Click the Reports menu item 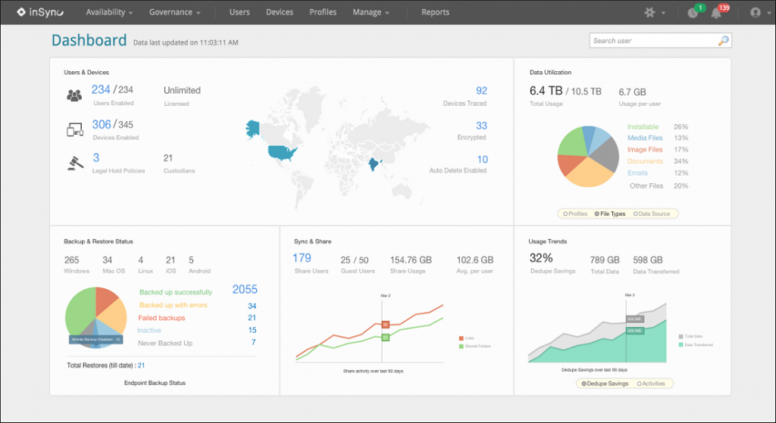coord(435,12)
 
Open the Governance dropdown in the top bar coord(175,12)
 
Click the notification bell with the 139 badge coord(715,13)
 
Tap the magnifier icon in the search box coord(724,41)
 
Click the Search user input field coord(652,41)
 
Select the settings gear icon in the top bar coord(649,13)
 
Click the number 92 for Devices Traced coord(481,91)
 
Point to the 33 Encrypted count coord(481,126)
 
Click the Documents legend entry coord(645,161)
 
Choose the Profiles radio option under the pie coord(575,214)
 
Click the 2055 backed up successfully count coord(245,289)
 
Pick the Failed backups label coord(162,318)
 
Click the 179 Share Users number coord(302,258)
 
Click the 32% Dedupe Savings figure coord(540,258)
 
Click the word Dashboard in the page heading coord(89,40)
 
